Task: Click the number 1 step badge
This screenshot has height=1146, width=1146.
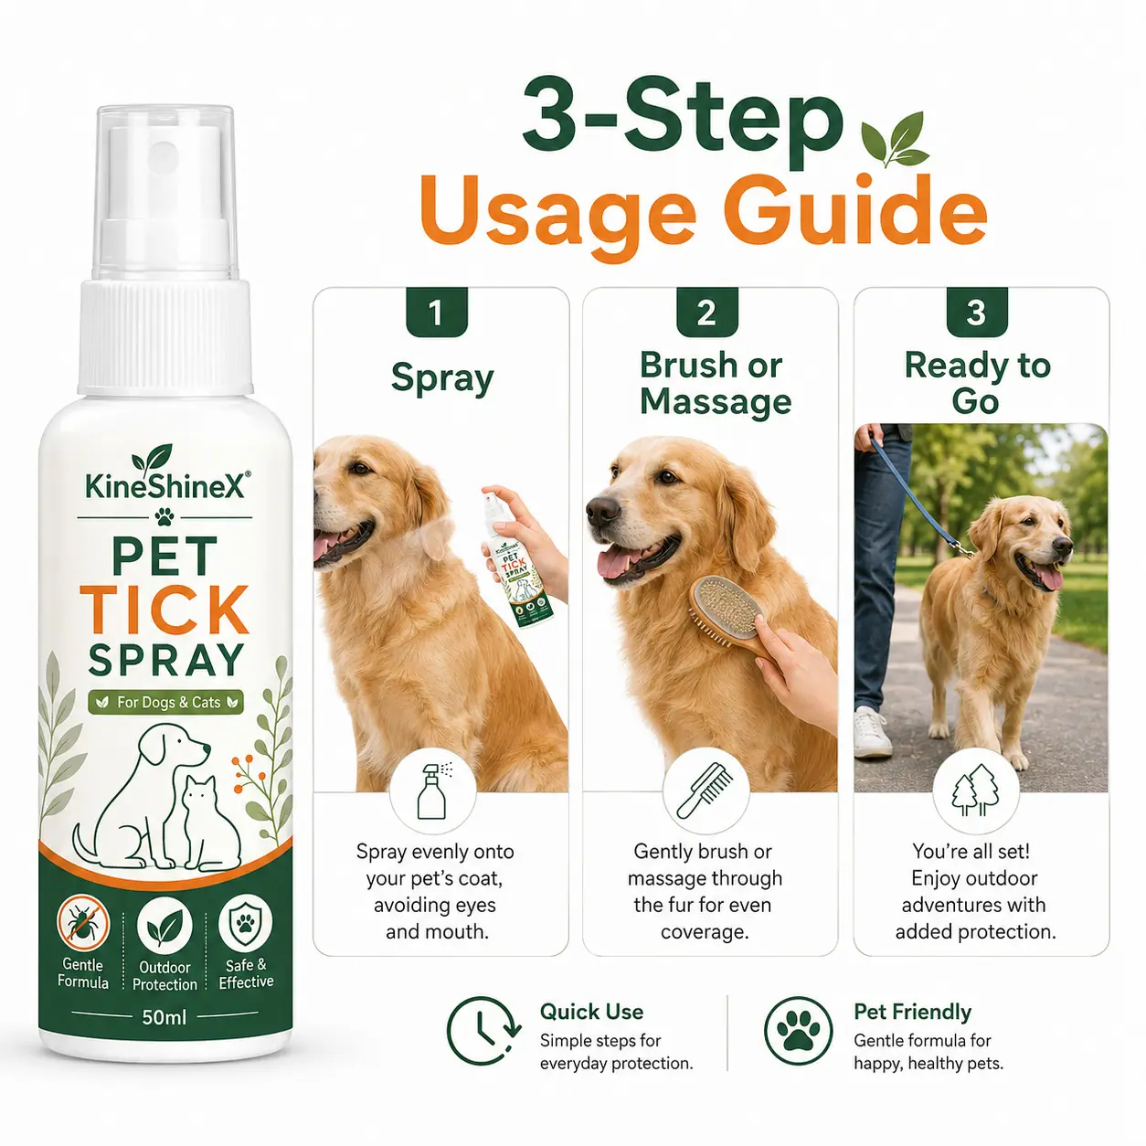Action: [437, 312]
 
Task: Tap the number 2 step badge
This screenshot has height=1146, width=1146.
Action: [707, 312]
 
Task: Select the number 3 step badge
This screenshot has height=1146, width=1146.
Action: [977, 312]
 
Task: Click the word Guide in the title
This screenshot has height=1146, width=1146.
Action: [854, 212]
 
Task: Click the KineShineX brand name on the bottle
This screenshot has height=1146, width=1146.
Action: [164, 486]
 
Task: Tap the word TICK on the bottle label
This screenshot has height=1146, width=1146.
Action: [164, 610]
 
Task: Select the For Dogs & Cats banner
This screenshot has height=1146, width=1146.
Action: [165, 703]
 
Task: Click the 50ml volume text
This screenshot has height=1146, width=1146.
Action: [164, 1017]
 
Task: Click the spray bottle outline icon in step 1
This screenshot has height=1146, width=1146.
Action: [433, 791]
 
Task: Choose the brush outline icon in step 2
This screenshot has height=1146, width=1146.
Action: [706, 791]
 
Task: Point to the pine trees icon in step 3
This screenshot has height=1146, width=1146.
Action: [976, 791]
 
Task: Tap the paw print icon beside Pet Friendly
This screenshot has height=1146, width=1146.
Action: [798, 1031]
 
